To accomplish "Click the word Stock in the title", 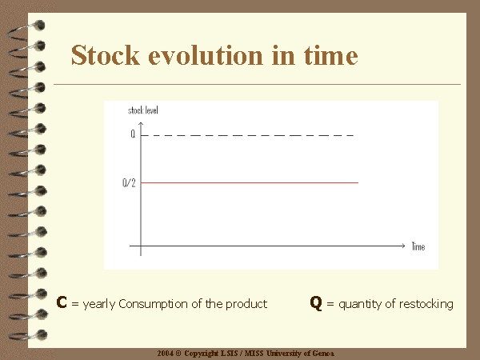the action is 106,55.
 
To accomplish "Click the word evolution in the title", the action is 206,55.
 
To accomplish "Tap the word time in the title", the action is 330,55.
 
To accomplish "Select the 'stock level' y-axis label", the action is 143,110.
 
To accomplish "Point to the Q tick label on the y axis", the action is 133,134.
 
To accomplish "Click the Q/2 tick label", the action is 129,182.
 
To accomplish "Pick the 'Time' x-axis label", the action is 418,246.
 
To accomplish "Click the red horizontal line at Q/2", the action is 250,182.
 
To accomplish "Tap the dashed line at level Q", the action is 247,135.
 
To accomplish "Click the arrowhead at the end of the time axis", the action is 403,246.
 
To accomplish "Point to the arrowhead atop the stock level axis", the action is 141,124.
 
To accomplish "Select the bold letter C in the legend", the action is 62,302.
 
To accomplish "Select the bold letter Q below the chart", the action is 316,303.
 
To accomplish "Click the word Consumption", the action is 153,304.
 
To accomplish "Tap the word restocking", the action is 426,304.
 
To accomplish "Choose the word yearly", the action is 99,304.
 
